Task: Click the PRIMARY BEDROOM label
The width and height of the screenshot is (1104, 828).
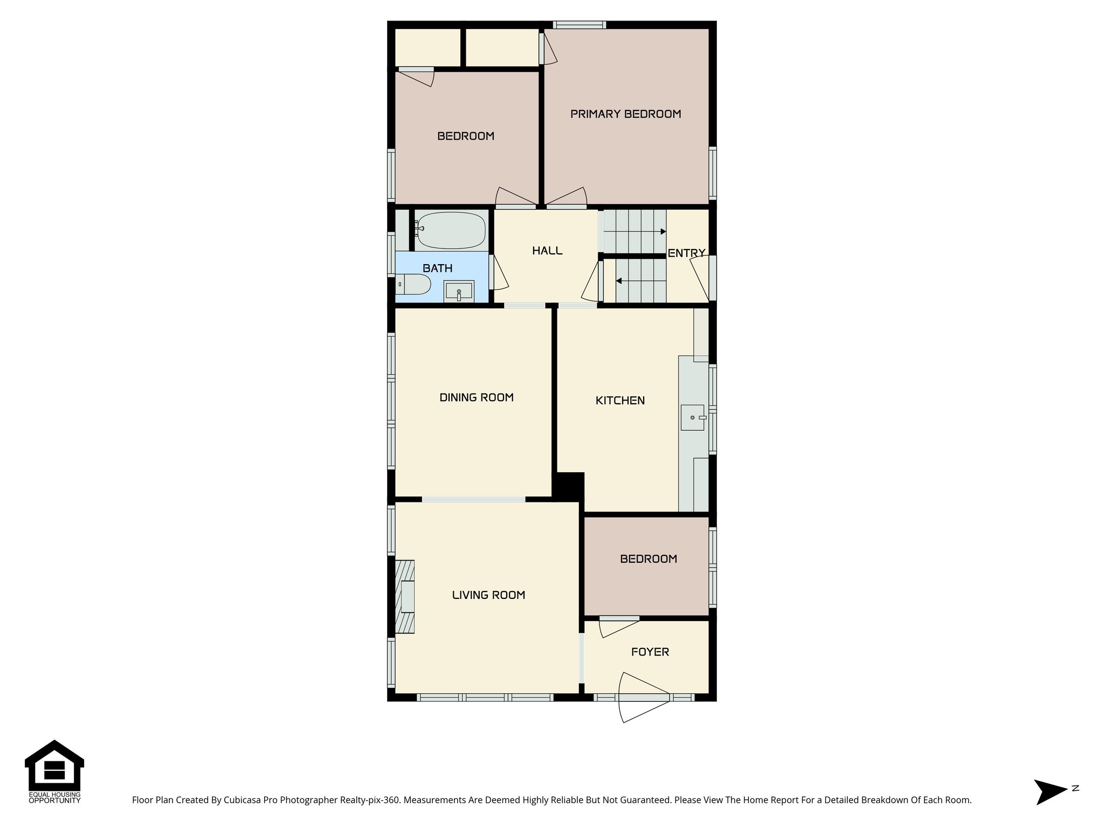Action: click(x=625, y=114)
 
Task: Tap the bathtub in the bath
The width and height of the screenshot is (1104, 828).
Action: click(x=451, y=230)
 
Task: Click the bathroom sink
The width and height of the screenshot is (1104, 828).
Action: click(x=459, y=291)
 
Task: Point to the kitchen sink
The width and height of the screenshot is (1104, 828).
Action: click(x=693, y=417)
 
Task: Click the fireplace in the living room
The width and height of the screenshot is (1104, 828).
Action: click(x=405, y=596)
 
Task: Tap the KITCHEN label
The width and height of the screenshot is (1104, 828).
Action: click(x=620, y=401)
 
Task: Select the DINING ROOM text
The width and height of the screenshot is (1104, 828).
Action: click(x=477, y=397)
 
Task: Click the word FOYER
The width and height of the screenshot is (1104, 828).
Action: click(x=650, y=652)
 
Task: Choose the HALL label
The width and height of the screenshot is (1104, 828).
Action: click(x=547, y=251)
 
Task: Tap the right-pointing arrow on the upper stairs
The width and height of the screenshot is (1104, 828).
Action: click(x=663, y=231)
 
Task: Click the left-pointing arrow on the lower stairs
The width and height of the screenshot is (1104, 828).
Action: click(x=619, y=281)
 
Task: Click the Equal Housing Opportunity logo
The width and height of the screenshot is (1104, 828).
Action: click(x=54, y=771)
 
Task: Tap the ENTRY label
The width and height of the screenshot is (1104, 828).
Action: click(x=686, y=253)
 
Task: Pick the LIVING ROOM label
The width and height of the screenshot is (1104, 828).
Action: click(x=488, y=595)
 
